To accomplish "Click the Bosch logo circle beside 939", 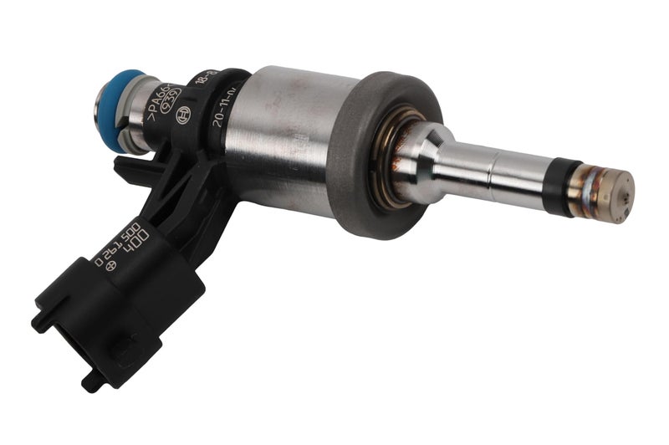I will (x=181, y=116).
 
